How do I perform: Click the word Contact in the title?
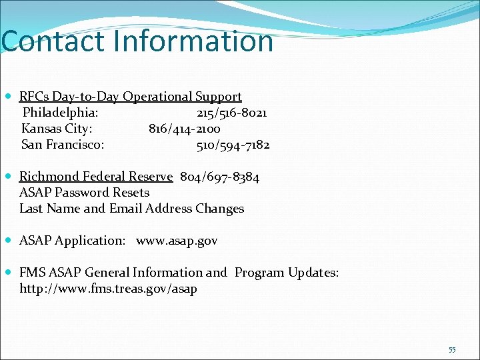tap(53, 41)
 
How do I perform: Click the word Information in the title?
tap(194, 41)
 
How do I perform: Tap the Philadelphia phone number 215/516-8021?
tap(231, 113)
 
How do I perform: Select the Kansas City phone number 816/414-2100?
tap(185, 129)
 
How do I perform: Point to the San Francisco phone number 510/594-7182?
tap(233, 145)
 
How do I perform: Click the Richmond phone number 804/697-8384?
tap(219, 177)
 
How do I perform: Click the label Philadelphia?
tap(61, 113)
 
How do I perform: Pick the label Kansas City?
tap(57, 129)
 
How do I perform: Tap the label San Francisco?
tap(63, 145)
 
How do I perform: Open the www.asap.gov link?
tap(177, 241)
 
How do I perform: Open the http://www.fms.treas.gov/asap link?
tap(108, 289)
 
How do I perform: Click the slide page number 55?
tap(452, 350)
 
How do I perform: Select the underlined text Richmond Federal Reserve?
tap(96, 177)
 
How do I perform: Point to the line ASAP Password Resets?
tap(84, 193)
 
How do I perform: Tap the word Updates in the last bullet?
tap(313, 273)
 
